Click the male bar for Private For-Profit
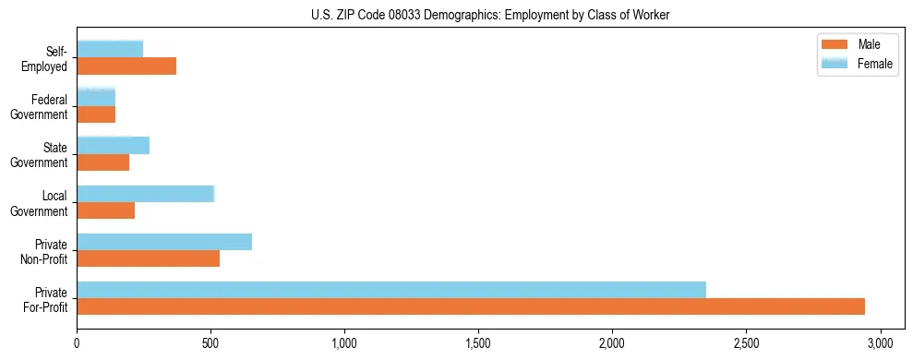(471, 306)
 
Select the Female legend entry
(859, 63)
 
